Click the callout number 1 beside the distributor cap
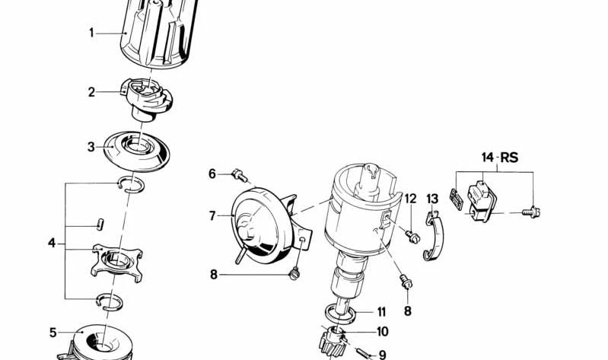tap(91, 33)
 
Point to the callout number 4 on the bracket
tap(52, 244)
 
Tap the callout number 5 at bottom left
tap(53, 332)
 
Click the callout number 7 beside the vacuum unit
tap(213, 216)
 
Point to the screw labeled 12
tap(414, 236)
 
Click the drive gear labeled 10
tap(335, 339)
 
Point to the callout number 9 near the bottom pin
tap(382, 355)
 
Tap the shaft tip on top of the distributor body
tap(368, 170)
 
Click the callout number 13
tap(432, 199)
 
